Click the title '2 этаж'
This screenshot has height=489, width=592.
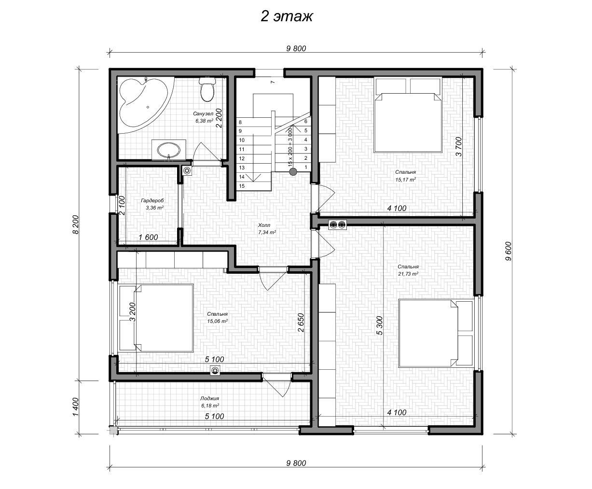click(x=287, y=16)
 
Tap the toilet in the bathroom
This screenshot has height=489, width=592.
click(x=207, y=89)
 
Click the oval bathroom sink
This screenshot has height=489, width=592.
click(x=169, y=150)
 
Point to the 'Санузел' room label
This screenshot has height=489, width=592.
click(x=203, y=114)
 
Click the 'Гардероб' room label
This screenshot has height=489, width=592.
click(x=152, y=200)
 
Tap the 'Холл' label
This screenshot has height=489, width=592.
click(x=264, y=225)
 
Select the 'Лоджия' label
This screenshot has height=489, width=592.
click(x=209, y=399)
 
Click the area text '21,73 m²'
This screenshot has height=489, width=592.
click(x=408, y=274)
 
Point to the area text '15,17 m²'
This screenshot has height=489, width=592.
click(x=405, y=180)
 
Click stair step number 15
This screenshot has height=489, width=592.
click(x=242, y=186)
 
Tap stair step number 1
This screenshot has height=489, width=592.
click(x=305, y=168)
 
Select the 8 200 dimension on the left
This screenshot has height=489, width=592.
click(x=76, y=224)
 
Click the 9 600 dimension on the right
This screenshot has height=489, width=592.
click(x=509, y=251)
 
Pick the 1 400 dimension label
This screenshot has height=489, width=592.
click(x=76, y=407)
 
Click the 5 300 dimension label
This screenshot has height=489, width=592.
click(x=380, y=325)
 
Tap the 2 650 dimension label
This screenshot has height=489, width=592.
click(x=301, y=322)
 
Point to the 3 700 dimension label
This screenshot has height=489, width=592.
click(x=458, y=147)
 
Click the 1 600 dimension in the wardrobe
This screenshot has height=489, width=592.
click(x=148, y=237)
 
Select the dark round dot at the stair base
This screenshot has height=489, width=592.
click(x=293, y=171)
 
